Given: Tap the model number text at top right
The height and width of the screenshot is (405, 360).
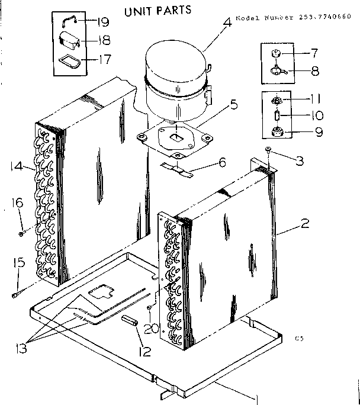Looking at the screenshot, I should (297, 18).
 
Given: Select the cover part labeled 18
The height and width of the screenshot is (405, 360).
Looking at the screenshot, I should (70, 41).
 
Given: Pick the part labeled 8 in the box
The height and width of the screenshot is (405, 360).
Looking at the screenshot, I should (277, 72).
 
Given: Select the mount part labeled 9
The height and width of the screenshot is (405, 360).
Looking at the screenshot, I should (276, 131).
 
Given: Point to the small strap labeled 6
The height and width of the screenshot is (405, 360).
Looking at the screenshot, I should (177, 171).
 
